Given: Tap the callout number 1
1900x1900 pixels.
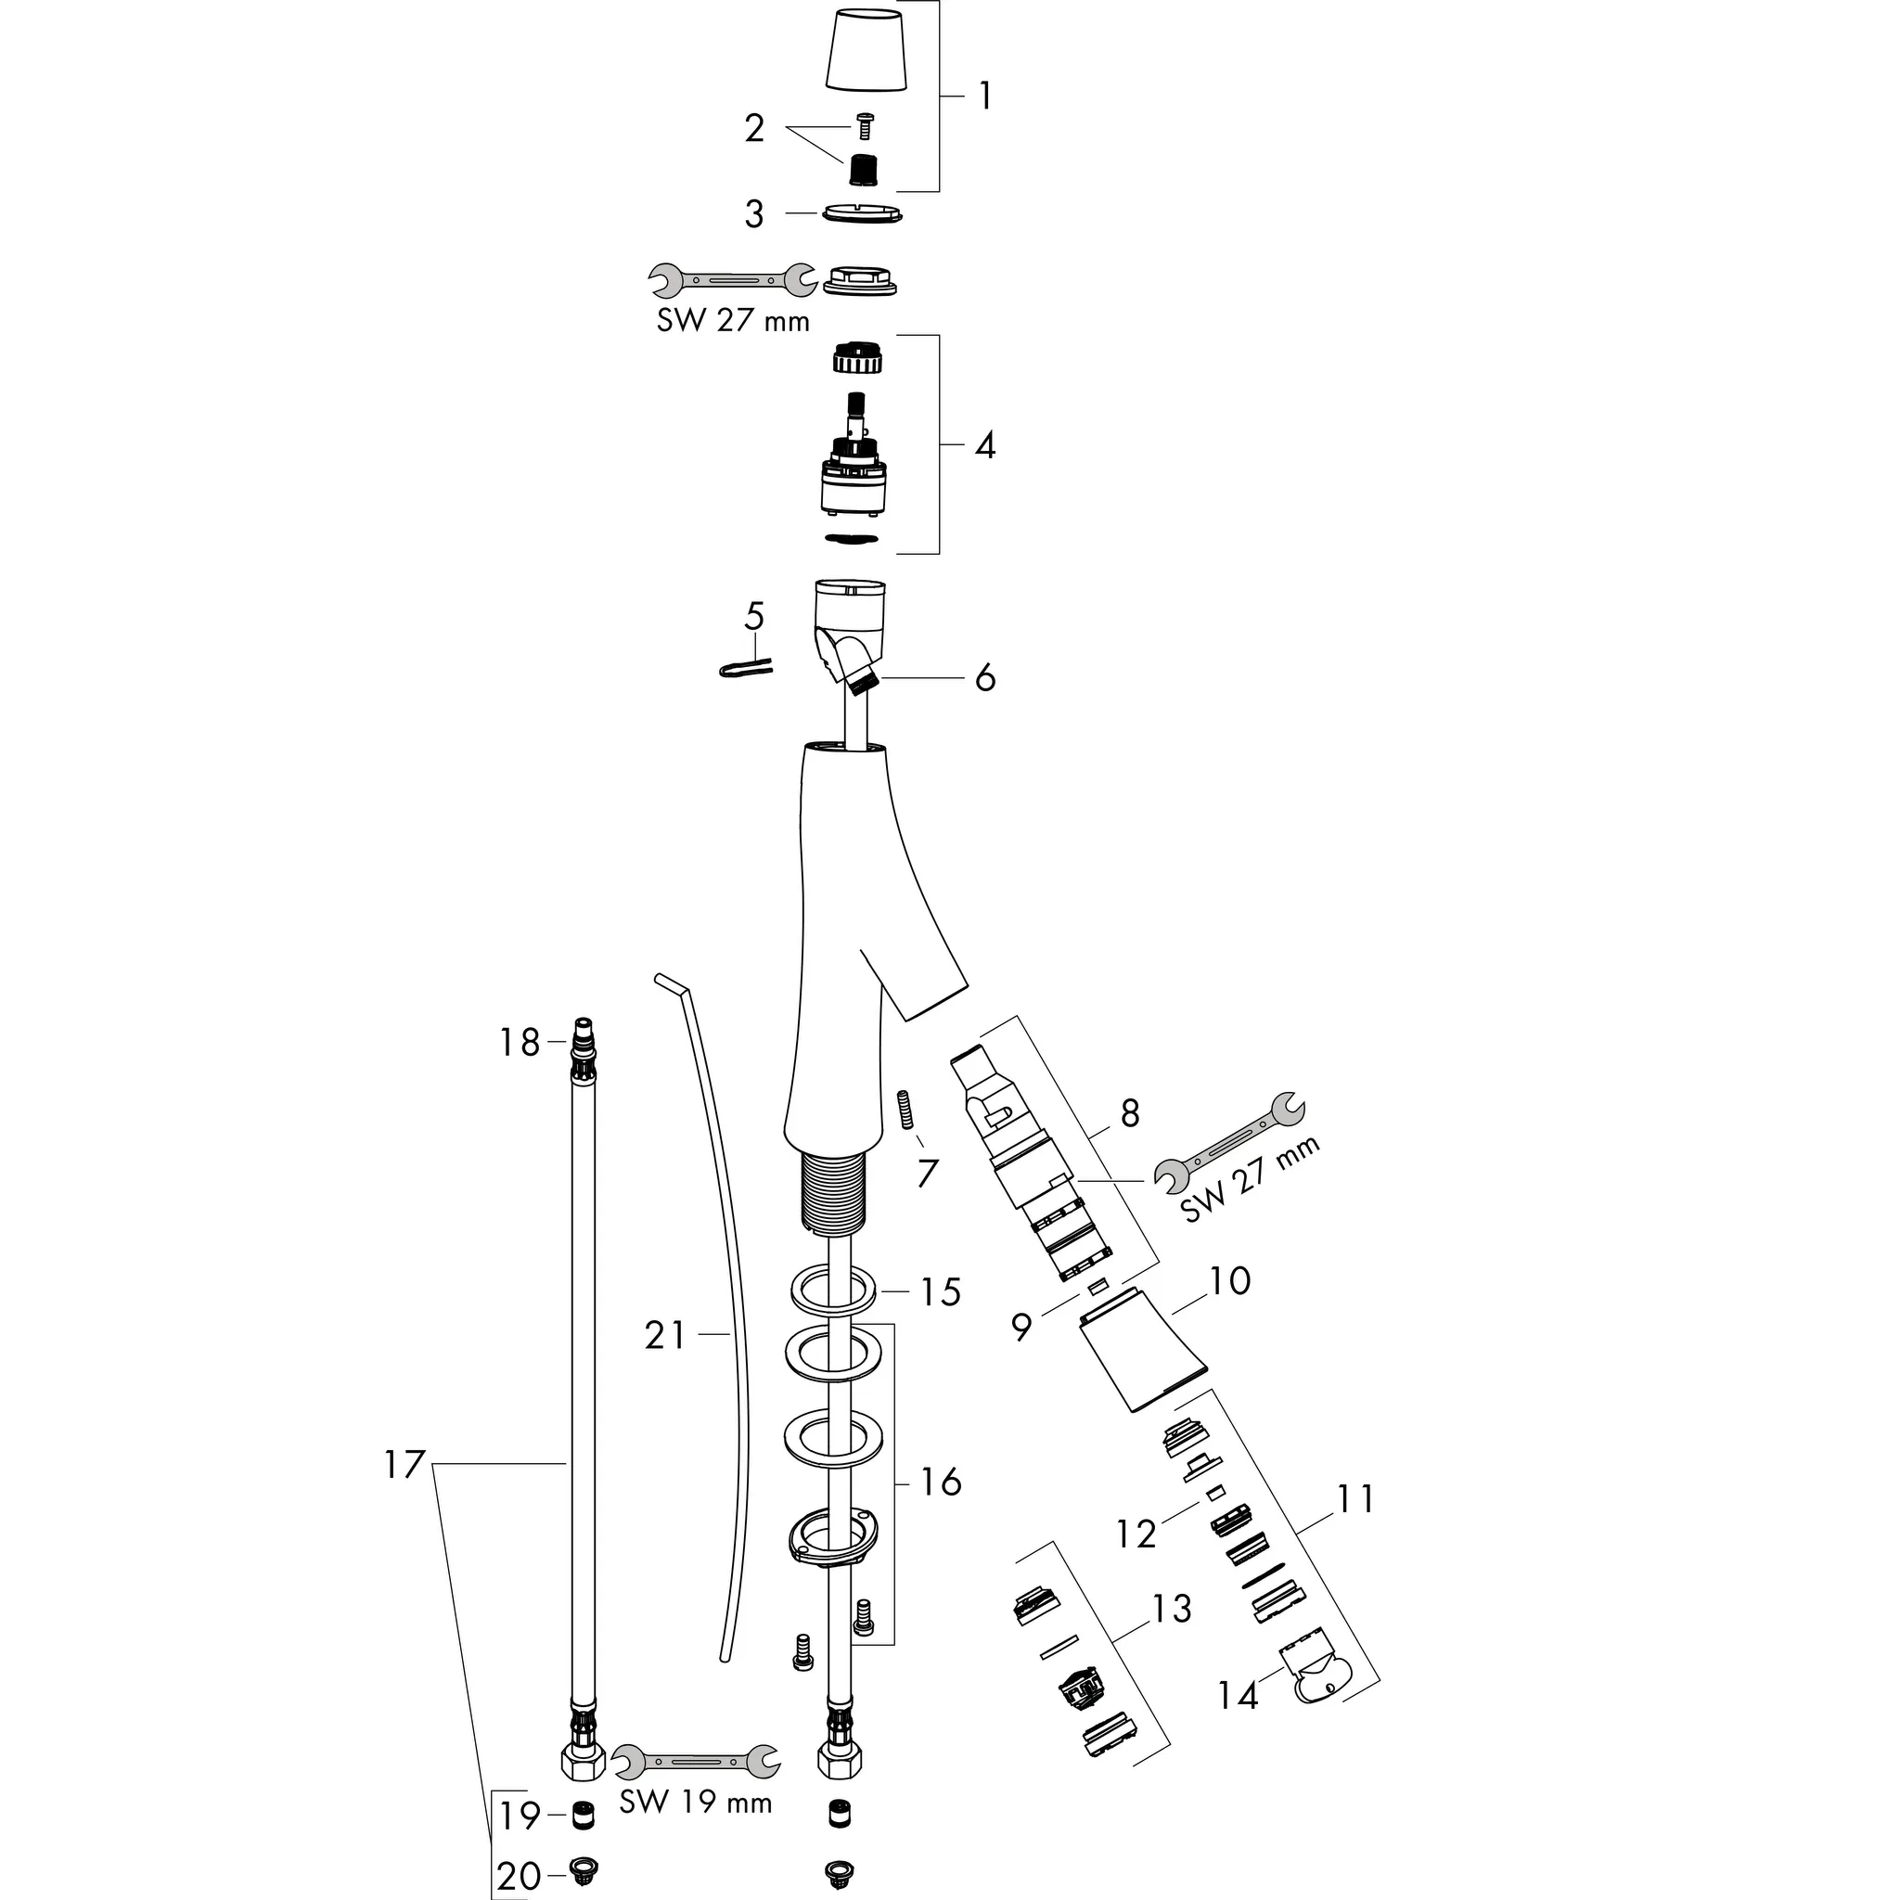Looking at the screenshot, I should tap(985, 96).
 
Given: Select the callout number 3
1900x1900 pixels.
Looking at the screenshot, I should tap(754, 214).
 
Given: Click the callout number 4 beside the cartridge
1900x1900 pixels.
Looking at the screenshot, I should tap(985, 446).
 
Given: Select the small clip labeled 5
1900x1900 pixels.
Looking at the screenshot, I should tap(744, 669).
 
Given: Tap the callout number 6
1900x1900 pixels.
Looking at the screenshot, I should tap(985, 678).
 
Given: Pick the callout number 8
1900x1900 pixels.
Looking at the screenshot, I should tap(1130, 1113).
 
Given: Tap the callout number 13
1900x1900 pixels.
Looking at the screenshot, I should tap(1173, 1609).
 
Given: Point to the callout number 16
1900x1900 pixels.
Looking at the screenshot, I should tap(940, 1481).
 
